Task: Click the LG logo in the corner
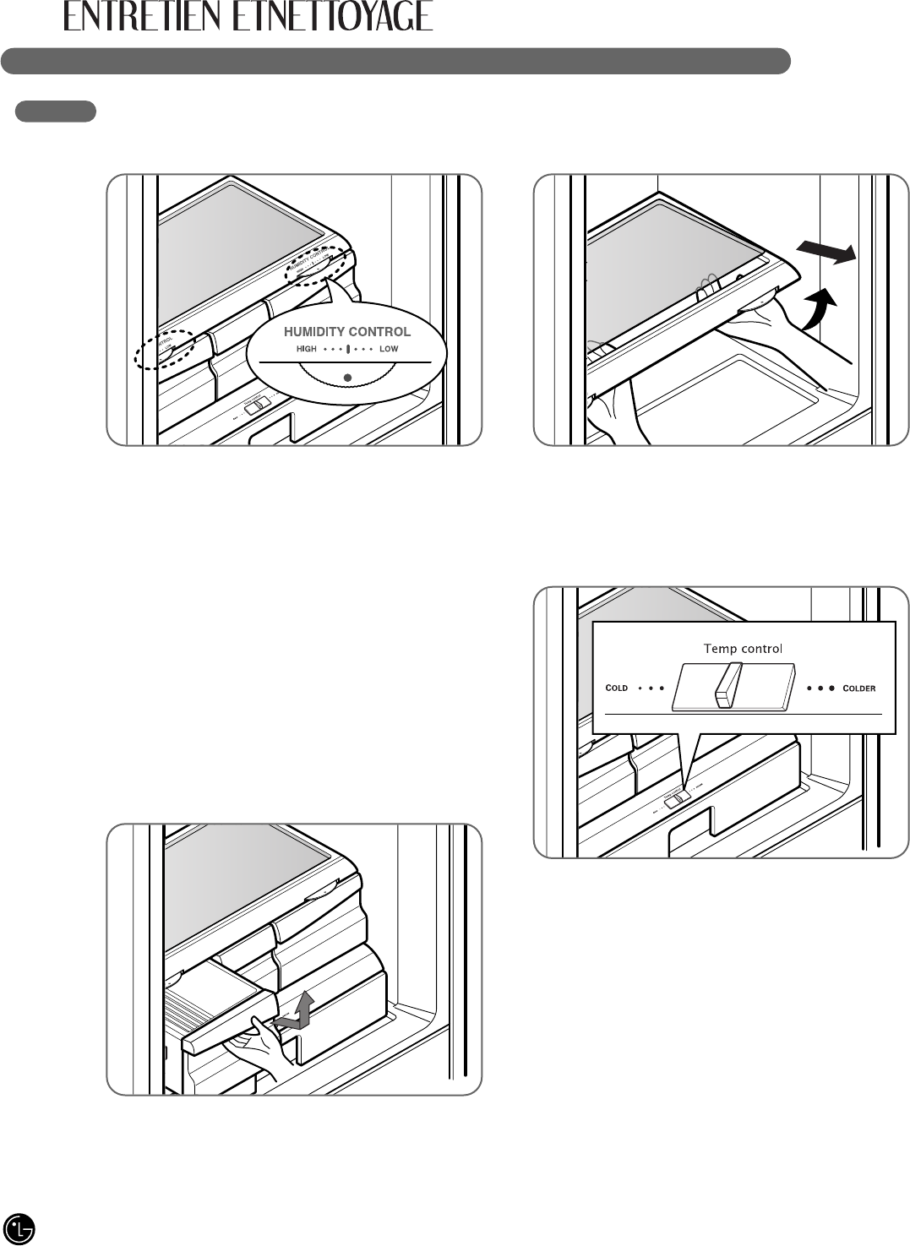[19, 1227]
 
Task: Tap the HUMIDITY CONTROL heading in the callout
[346, 332]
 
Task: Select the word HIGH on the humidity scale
[307, 349]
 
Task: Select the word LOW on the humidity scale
[389, 349]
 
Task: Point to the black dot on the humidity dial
[346, 376]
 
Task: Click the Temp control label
[743, 649]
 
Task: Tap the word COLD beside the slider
[617, 688]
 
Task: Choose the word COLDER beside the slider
[859, 688]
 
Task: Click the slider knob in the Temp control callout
[727, 684]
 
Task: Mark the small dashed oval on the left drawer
[164, 348]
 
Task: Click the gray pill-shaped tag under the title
[56, 112]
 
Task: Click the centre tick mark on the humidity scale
[347, 349]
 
